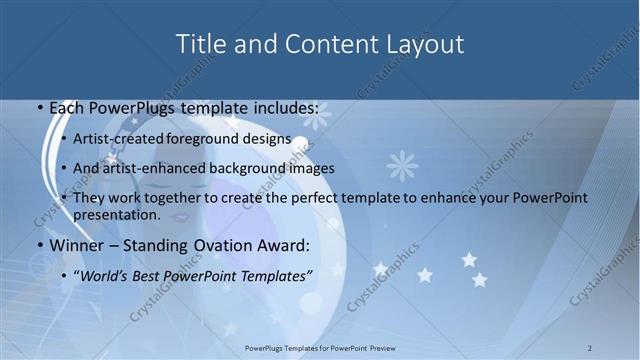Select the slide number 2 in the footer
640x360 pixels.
pyautogui.click(x=590, y=347)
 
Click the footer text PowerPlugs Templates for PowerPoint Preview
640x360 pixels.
pyautogui.click(x=320, y=347)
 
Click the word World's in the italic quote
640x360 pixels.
pyautogui.click(x=106, y=274)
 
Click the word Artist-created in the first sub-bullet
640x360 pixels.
pyautogui.click(x=119, y=139)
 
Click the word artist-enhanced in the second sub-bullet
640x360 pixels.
pyautogui.click(x=153, y=168)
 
